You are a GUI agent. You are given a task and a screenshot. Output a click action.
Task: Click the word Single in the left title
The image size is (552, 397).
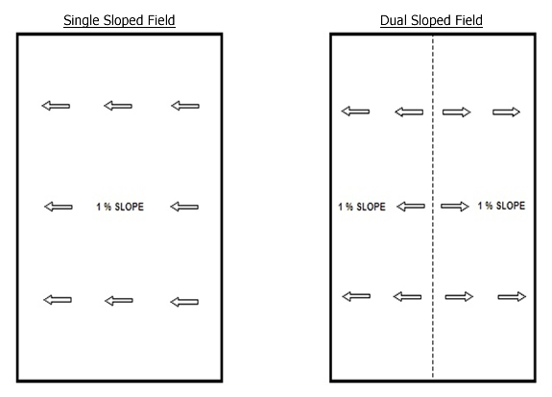pyautogui.click(x=82, y=20)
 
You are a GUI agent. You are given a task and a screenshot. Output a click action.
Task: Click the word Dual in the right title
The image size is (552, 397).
pyautogui.click(x=394, y=20)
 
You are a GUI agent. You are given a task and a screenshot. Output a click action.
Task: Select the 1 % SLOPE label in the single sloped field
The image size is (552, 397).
pyautogui.click(x=120, y=207)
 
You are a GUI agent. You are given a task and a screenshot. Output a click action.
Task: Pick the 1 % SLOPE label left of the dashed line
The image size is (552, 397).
pyautogui.click(x=362, y=207)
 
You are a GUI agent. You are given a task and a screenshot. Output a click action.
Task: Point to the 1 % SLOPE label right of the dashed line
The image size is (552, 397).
pyautogui.click(x=501, y=206)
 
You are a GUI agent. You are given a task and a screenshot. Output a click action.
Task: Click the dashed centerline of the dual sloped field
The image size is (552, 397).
pyautogui.click(x=433, y=208)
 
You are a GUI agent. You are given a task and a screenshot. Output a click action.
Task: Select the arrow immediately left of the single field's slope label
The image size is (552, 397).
pyautogui.click(x=59, y=207)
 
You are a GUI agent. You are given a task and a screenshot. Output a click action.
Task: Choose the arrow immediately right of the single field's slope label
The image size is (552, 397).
pyautogui.click(x=184, y=207)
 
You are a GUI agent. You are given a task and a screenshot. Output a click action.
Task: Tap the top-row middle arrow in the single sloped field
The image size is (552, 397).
pyautogui.click(x=118, y=106)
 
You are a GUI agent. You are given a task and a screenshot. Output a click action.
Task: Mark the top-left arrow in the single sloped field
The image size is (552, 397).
pyautogui.click(x=56, y=106)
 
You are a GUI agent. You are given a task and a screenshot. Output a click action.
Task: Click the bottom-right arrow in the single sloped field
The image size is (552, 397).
pyautogui.click(x=184, y=302)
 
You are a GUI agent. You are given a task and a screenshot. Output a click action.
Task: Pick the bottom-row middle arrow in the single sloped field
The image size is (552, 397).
pyautogui.click(x=119, y=301)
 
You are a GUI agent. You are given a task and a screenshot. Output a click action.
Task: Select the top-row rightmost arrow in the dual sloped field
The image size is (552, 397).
pyautogui.click(x=506, y=112)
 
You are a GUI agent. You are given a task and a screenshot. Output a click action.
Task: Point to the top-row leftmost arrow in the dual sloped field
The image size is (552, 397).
pyautogui.click(x=355, y=112)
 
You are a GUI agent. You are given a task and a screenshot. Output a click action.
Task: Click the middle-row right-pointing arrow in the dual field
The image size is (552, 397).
pyautogui.click(x=455, y=207)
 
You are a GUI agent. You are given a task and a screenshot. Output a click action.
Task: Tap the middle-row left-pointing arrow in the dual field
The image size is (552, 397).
pyautogui.click(x=411, y=207)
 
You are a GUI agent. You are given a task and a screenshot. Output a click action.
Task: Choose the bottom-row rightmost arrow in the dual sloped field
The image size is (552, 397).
pyautogui.click(x=512, y=297)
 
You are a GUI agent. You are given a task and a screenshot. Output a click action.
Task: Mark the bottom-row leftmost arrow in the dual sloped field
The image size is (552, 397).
pyautogui.click(x=356, y=296)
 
